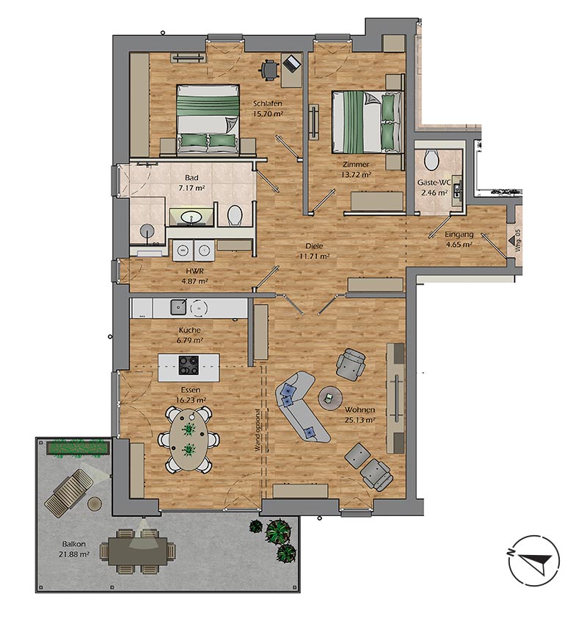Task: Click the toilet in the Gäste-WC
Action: click(431, 158)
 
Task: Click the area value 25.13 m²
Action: click(360, 421)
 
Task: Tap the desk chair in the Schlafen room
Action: click(270, 70)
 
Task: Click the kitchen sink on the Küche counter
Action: click(178, 305)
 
